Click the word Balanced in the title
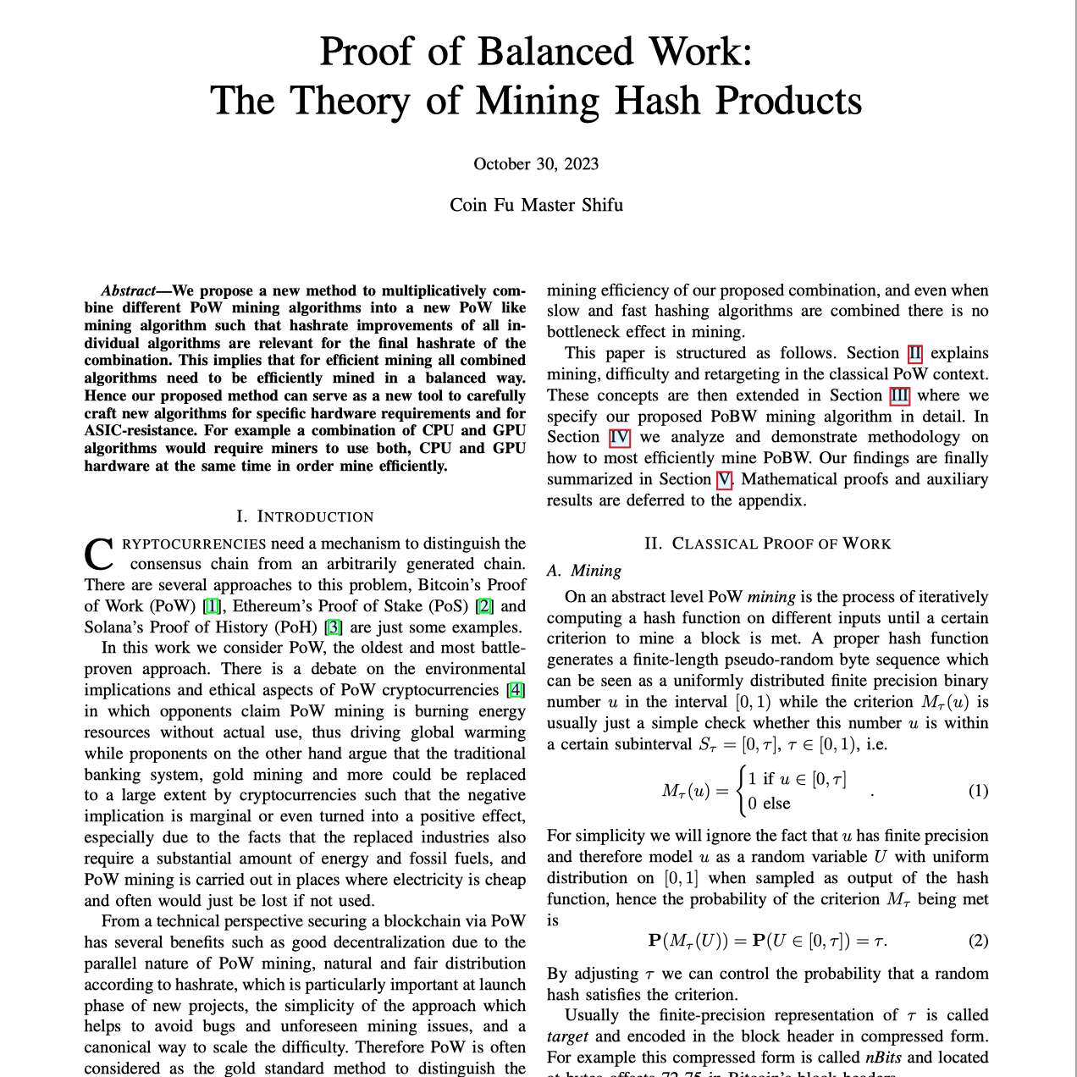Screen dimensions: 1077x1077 [555, 52]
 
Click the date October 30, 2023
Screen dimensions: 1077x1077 [536, 164]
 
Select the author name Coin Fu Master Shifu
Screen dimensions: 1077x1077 [536, 205]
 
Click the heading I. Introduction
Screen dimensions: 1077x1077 [305, 516]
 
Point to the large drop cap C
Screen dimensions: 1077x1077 [99, 555]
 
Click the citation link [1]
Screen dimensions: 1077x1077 [213, 606]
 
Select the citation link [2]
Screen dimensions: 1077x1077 [484, 606]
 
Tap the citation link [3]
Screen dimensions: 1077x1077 [334, 627]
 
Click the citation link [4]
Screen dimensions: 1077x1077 [515, 690]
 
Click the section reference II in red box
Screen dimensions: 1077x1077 [915, 353]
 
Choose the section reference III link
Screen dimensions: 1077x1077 [899, 395]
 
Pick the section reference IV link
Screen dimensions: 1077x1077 [620, 437]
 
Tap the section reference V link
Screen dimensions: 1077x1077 [724, 479]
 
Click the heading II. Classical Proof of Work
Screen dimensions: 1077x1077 [767, 544]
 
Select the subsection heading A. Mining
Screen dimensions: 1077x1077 [584, 571]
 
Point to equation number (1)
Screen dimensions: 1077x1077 [978, 791]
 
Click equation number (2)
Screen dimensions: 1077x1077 [978, 941]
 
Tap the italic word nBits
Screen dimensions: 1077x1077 [884, 1058]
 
